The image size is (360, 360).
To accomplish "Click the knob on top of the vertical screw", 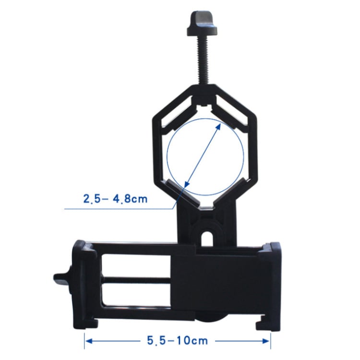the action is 202,24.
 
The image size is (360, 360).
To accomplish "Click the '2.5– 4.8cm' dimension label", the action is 115,199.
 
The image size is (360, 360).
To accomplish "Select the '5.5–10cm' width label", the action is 177,340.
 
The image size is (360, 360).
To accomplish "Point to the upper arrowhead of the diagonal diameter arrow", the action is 218,127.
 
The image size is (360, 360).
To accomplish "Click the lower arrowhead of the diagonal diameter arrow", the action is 187,183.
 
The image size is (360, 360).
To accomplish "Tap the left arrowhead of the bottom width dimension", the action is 89,341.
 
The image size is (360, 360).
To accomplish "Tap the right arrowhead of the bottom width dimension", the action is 266,341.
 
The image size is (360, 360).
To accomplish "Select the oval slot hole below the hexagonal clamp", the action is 208,239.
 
